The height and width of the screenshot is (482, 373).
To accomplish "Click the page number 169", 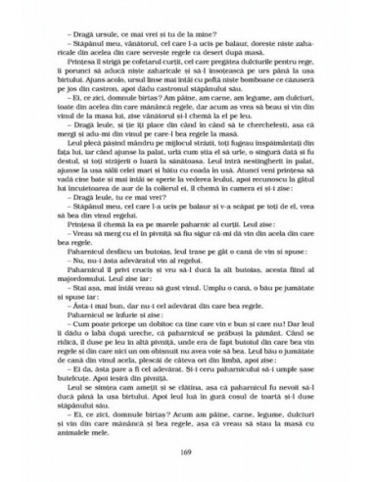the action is pos(186,450).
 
